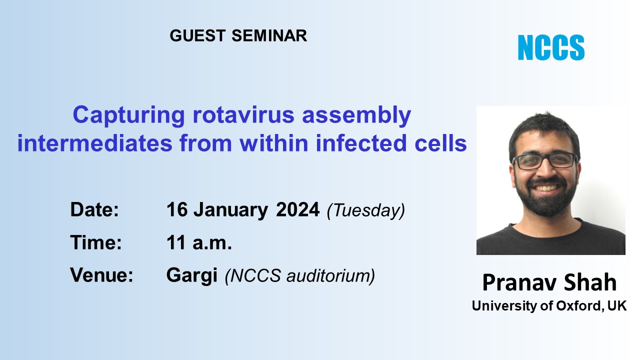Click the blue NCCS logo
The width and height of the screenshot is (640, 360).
coord(551,47)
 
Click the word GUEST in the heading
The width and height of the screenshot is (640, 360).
coord(197,35)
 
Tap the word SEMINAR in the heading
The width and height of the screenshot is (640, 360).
coord(269,35)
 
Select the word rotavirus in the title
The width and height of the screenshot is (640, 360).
coord(243,115)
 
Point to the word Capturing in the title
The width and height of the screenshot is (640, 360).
coord(129,115)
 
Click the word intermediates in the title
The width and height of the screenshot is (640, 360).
coord(95,143)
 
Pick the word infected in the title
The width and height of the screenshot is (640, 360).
coord(361,143)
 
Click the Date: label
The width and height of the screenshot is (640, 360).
coord(94,209)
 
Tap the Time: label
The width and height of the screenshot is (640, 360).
coord(96,242)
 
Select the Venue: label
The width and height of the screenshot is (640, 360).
coord(101,275)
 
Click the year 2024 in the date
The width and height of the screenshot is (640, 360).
coord(297,209)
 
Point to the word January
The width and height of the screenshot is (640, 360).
coord(230,211)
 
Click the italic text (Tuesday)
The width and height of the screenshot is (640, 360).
coord(366,211)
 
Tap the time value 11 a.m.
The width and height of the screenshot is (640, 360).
coord(199,242)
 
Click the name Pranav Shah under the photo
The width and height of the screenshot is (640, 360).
coord(549,282)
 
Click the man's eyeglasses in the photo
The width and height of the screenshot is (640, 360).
coord(544,161)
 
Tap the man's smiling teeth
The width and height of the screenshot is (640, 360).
coord(545,188)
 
